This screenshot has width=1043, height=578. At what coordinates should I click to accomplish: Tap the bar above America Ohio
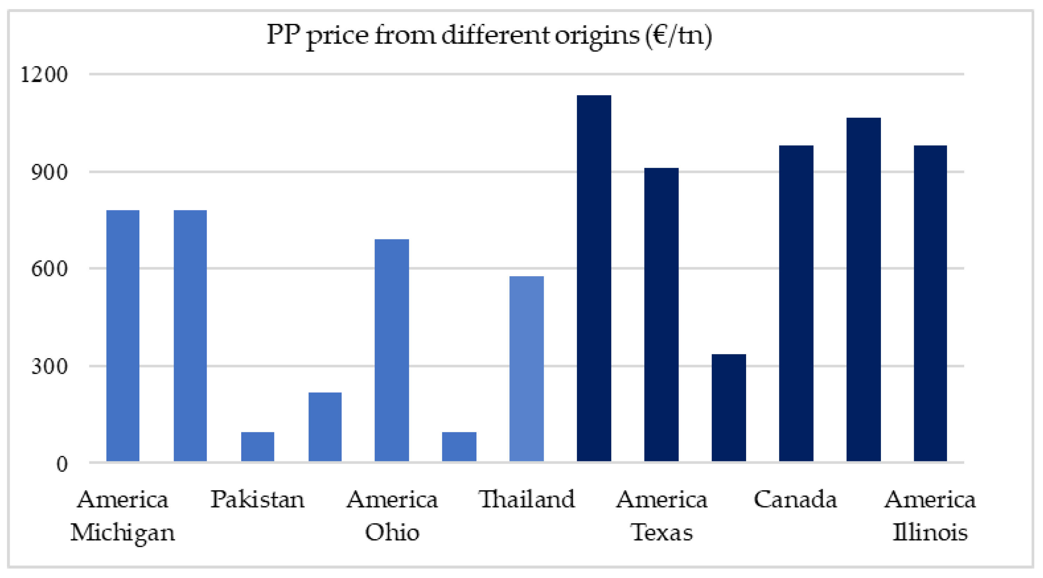[391, 350]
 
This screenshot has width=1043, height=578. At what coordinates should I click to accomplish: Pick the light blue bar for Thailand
[526, 368]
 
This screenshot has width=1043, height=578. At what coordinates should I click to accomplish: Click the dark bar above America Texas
[661, 314]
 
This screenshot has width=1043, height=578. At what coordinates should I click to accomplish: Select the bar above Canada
[796, 303]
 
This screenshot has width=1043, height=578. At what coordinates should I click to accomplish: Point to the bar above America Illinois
[931, 303]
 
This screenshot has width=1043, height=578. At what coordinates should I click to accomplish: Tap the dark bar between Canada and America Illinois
[864, 290]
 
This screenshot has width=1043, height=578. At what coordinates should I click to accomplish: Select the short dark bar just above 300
[729, 408]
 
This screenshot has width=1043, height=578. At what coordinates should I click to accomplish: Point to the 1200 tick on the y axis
[44, 75]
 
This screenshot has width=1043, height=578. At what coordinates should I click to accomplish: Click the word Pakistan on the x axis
[257, 499]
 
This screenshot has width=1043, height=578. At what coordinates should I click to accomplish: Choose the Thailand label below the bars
[526, 499]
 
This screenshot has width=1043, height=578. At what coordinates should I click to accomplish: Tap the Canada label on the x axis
[795, 499]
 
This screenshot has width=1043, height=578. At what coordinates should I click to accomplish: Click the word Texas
[662, 532]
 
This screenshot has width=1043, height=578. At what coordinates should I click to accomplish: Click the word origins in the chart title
[597, 36]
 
